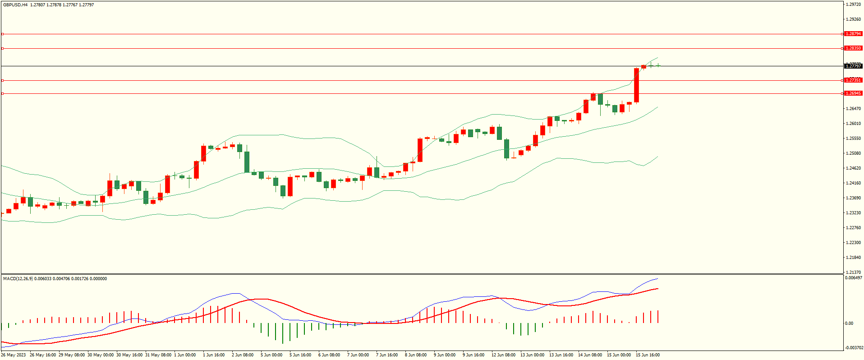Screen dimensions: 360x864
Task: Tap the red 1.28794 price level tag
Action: point(853,34)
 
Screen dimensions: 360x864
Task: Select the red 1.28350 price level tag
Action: point(853,48)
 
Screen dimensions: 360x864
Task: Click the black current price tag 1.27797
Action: point(853,66)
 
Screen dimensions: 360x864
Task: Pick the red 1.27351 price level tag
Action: point(853,80)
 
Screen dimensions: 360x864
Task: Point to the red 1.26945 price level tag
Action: point(853,93)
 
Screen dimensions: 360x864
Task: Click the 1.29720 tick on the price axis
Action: point(853,5)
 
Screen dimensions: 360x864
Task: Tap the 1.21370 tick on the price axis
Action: point(853,272)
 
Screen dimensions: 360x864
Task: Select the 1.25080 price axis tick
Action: point(853,153)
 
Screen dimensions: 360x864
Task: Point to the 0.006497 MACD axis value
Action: point(853,278)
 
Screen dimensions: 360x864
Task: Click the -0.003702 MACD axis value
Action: point(853,347)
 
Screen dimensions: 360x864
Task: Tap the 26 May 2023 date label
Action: point(14,355)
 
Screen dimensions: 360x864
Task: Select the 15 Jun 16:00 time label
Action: point(648,355)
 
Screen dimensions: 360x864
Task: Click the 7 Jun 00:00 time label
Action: point(358,355)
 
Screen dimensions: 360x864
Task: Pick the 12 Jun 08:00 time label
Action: point(503,355)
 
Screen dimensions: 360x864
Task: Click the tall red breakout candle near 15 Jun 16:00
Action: point(637,85)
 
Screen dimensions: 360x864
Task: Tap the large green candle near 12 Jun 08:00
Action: point(506,148)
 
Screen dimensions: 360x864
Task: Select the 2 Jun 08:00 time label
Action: point(243,355)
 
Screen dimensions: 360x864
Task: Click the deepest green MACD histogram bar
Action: point(283,333)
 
